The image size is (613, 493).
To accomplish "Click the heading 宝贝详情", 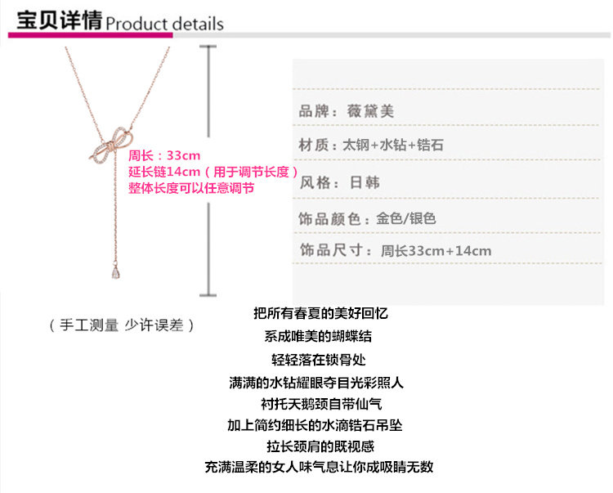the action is click(55, 20).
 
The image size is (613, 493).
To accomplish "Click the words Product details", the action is click(164, 23).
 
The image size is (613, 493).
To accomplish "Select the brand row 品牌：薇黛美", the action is click(347, 111).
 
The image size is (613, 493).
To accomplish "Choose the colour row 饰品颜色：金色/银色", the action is click(368, 218).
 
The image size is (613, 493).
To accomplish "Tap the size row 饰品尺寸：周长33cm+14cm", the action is click(396, 250).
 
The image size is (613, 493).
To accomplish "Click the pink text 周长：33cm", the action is click(164, 155).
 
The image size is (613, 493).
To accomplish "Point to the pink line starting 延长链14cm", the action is click(208, 172).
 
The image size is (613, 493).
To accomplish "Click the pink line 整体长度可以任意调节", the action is click(191, 188).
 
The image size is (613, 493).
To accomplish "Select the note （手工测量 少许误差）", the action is click(122, 325).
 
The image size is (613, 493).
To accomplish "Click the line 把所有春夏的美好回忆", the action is click(320, 313).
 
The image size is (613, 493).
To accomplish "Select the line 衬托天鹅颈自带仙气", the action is click(321, 404).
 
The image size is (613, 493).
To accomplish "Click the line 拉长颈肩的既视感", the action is click(320, 446).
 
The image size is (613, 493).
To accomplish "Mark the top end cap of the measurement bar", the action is click(208, 47).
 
